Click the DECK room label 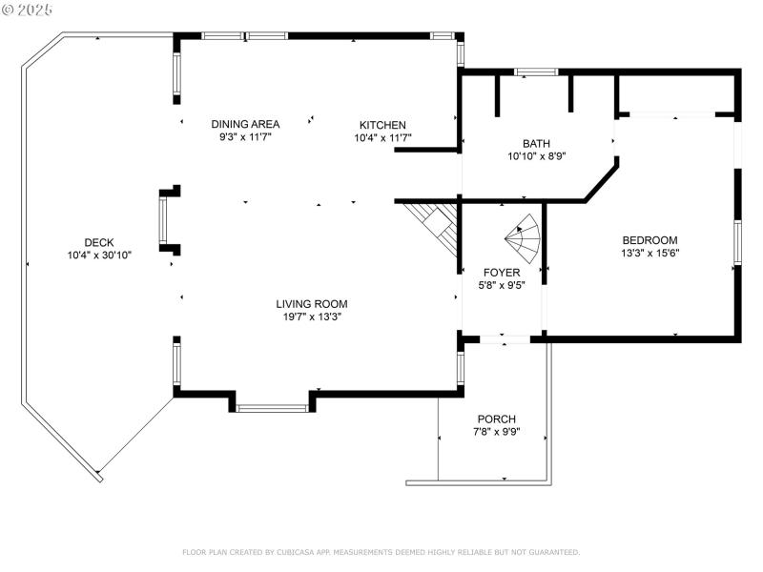point(99,241)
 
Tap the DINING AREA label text point(245,124)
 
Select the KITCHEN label point(382,125)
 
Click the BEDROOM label point(650,240)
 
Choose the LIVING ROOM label point(312,304)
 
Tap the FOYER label point(501,272)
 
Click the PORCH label point(496,419)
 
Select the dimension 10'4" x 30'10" point(99,255)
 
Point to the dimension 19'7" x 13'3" point(312,317)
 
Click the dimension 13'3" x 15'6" point(650,253)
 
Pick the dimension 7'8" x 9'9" point(496,432)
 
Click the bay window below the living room point(272,408)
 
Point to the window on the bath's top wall point(536,71)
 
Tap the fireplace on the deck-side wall point(168,221)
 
